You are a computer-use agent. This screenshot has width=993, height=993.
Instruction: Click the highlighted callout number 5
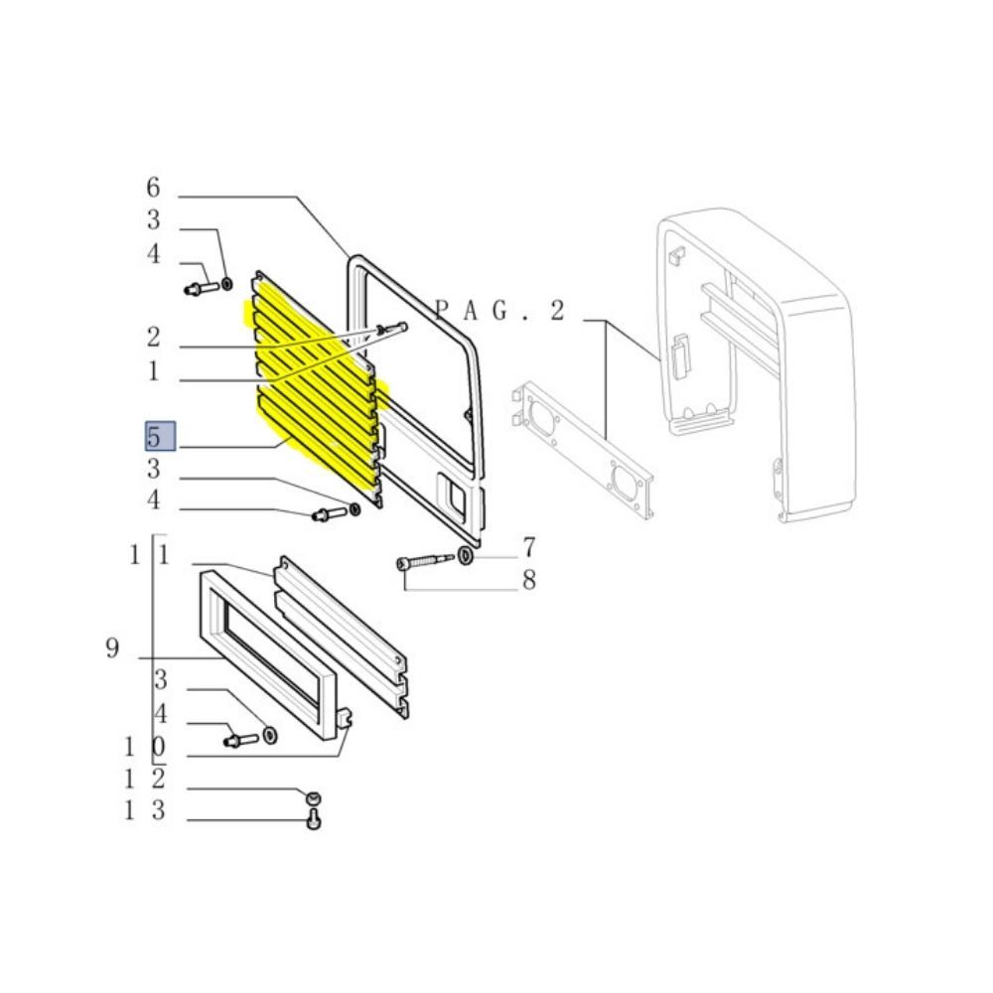pos(153,437)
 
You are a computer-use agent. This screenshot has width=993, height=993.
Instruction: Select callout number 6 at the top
pos(153,188)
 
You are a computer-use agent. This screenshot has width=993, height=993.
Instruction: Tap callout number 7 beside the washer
pos(529,547)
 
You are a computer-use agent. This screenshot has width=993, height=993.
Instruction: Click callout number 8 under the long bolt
pos(529,580)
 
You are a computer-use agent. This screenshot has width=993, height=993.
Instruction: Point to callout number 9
pos(112,647)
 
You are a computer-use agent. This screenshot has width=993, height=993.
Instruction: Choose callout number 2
pos(153,337)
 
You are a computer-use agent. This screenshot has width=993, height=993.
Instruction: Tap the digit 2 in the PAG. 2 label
pos(557,310)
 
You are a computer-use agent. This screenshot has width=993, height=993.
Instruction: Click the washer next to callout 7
pos(465,556)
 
